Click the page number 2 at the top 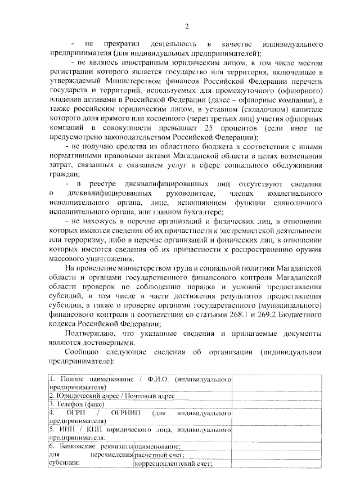[x=186, y=27]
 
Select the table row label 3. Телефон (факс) [x=75, y=403]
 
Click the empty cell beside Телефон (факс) [x=277, y=403]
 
